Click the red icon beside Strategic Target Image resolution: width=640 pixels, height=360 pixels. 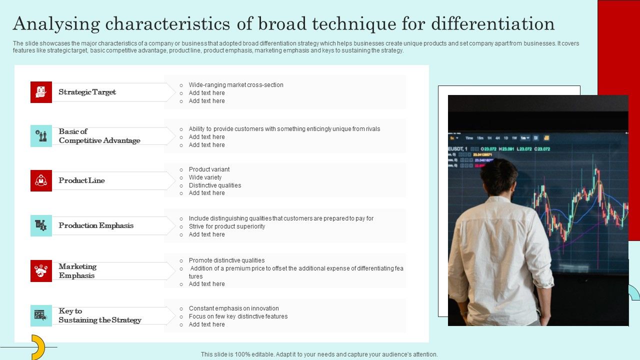(x=41, y=92)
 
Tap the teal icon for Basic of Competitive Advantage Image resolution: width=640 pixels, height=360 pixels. (x=41, y=136)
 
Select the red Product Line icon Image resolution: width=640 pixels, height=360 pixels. (x=41, y=180)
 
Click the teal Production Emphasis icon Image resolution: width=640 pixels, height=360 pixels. (x=41, y=225)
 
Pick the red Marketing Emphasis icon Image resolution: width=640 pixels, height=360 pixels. (x=41, y=271)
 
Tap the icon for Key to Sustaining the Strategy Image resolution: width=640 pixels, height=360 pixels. (x=41, y=315)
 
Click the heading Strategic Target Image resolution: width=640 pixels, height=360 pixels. (x=87, y=92)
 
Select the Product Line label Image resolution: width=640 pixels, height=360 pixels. (x=81, y=180)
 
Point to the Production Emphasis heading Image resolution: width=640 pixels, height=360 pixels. (x=96, y=225)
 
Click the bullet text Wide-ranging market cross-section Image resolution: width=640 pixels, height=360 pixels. (x=236, y=85)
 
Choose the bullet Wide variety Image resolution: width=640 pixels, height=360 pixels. (x=205, y=177)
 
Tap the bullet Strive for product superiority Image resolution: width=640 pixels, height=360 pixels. (x=227, y=226)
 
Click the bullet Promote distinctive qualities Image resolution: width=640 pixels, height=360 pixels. (x=226, y=260)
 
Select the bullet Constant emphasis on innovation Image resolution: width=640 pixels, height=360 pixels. (x=233, y=308)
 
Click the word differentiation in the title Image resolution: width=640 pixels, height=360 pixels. (x=492, y=23)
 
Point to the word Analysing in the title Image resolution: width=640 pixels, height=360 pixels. (x=56, y=24)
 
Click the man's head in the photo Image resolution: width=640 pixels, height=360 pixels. (x=499, y=176)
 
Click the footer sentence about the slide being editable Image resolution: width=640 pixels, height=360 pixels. (x=319, y=354)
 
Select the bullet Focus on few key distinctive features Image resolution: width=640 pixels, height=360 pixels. (x=238, y=316)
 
